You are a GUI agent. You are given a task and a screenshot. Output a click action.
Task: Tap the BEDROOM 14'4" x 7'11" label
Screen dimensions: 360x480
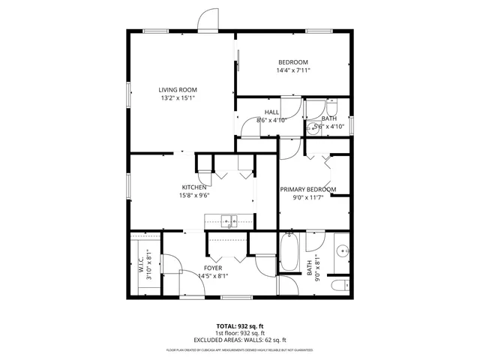pyautogui.click(x=292, y=62)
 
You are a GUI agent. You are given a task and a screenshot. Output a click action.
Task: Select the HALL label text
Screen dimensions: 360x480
pyautogui.click(x=271, y=112)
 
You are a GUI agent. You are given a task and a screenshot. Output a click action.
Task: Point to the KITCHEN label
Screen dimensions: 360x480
pyautogui.click(x=194, y=187)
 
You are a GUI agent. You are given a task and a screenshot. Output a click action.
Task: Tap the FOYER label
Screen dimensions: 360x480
pyautogui.click(x=213, y=268)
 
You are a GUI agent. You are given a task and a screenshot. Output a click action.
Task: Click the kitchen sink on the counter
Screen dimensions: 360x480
pyautogui.click(x=229, y=220)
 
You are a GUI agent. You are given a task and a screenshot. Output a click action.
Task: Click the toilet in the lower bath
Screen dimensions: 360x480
pyautogui.click(x=340, y=285)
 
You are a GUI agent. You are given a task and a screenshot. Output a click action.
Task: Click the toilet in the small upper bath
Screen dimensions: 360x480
pyautogui.click(x=333, y=106)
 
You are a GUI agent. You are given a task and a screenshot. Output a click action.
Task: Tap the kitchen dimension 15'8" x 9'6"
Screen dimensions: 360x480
pyautogui.click(x=194, y=196)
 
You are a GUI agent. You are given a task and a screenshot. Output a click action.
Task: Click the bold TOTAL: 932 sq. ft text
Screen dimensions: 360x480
pyautogui.click(x=240, y=326)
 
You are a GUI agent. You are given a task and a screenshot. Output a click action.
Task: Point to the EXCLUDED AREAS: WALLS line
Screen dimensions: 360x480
pyautogui.click(x=240, y=340)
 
